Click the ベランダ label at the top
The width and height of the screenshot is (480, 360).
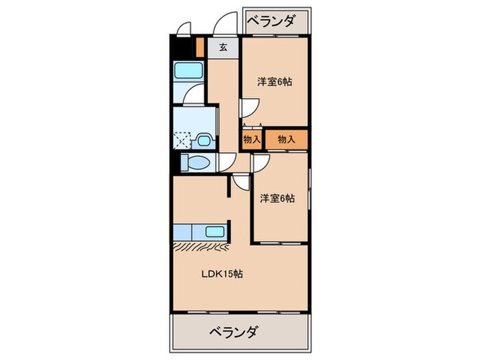point(271,21)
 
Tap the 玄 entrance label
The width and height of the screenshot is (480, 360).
point(224,47)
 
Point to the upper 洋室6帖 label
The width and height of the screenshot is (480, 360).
point(274,82)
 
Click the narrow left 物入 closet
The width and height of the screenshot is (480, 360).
point(251,139)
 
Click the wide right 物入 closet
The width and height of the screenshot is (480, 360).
point(286,139)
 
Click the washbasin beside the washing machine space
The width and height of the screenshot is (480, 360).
point(203,141)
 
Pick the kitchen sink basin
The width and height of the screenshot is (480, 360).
point(215,231)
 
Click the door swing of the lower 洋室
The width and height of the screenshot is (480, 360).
point(260,162)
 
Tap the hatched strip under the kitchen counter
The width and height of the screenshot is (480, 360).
point(204,244)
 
